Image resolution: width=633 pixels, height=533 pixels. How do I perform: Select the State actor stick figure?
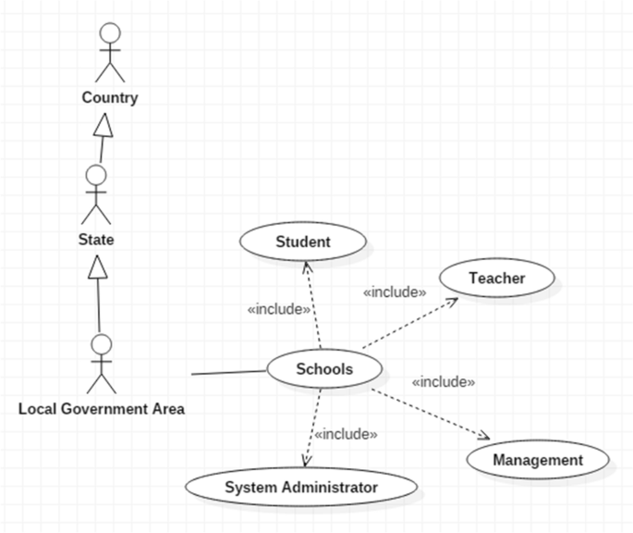point(95,195)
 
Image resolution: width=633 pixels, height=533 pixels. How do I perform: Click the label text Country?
point(110,97)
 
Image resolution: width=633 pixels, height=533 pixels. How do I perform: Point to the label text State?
point(96,241)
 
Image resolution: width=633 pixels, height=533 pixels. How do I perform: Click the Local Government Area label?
point(102,408)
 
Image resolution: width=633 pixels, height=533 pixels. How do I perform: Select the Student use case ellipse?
point(303,242)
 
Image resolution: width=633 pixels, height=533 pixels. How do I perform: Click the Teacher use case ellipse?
point(496,278)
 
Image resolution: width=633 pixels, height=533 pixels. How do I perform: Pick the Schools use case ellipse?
point(324,369)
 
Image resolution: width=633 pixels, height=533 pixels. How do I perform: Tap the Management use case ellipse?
point(538,460)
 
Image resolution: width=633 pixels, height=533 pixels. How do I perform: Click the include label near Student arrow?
point(278,309)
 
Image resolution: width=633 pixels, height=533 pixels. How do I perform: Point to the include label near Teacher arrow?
point(395,292)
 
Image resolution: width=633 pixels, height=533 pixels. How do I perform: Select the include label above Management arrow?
point(443,381)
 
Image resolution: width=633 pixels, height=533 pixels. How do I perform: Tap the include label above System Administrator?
point(346,433)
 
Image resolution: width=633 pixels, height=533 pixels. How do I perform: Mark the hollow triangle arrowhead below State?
point(96,268)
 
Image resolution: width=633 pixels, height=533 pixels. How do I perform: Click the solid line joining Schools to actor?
point(228,373)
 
